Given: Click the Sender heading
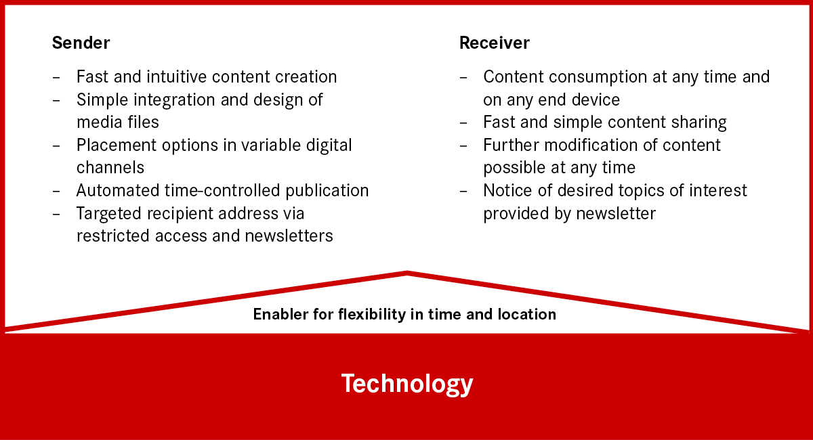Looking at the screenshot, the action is point(81,43).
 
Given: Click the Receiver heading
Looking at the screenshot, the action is point(495,43).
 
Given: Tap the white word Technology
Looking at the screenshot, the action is point(407,384).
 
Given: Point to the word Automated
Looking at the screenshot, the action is point(118,190).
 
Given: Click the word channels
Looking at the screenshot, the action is point(110,168).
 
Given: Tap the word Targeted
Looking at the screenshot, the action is point(109,214).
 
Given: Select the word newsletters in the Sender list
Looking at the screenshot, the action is point(289,236).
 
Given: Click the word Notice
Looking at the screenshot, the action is point(507,190).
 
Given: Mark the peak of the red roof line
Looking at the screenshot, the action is point(407,273).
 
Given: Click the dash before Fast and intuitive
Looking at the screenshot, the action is point(56,77).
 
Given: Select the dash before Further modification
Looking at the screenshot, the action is point(463,146).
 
